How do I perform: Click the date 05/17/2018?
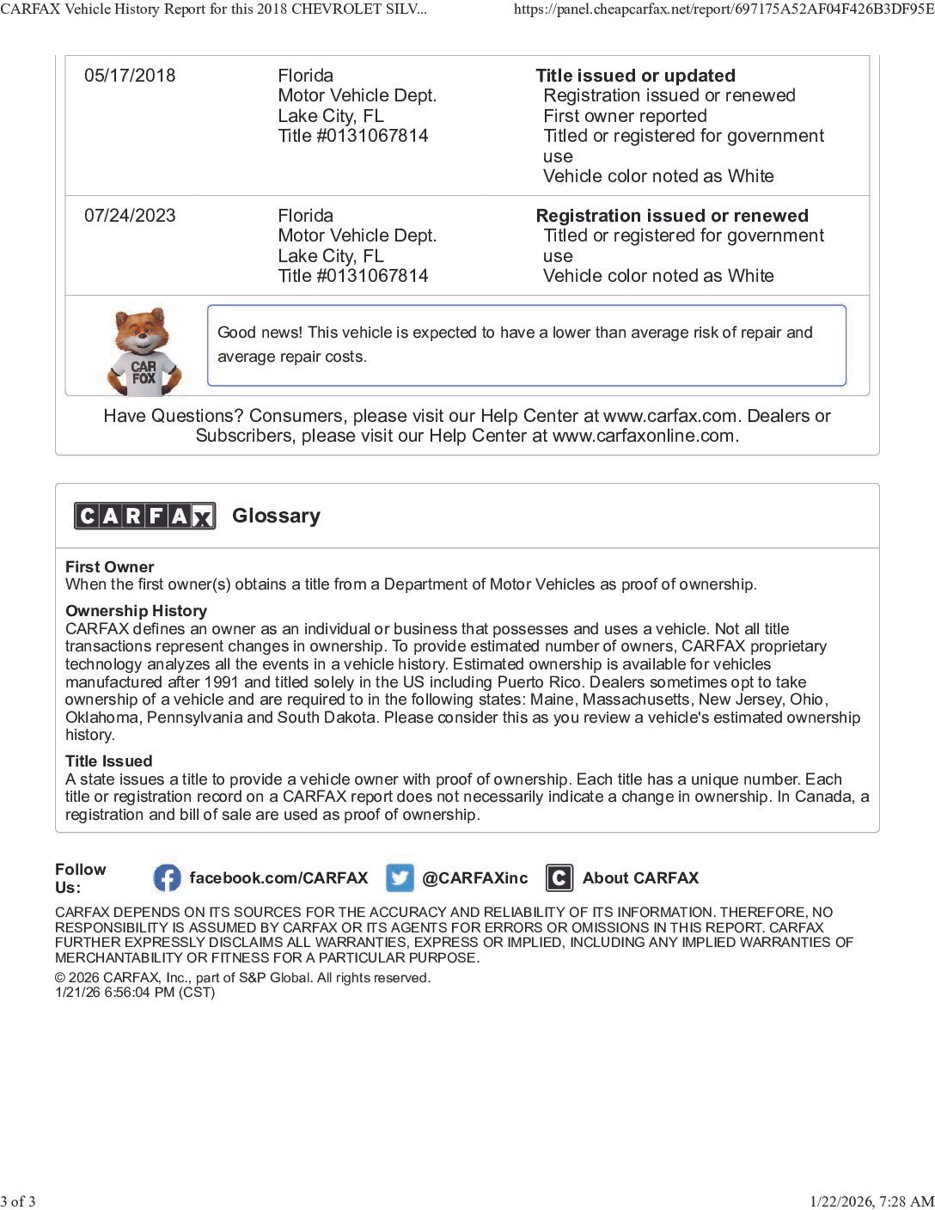coord(130,76)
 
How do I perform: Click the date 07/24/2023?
coord(130,216)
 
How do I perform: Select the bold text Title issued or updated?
coord(635,76)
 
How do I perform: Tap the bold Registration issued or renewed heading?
coord(671,216)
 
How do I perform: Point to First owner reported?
coord(625,116)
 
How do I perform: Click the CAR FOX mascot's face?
coord(143,332)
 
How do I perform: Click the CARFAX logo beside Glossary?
coord(144,516)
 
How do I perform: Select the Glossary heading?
coord(276,516)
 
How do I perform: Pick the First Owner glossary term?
coord(109,567)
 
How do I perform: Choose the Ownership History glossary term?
coord(136,611)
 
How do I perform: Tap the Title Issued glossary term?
coord(108,761)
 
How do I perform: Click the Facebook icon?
coord(167,878)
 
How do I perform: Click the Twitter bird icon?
coord(400,878)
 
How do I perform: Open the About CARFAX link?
coord(640,878)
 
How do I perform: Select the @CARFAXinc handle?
coord(474,878)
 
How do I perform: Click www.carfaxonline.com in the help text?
coord(644,436)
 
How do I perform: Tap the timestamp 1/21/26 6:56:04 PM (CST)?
coord(135,993)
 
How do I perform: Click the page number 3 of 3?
coord(18,1201)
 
